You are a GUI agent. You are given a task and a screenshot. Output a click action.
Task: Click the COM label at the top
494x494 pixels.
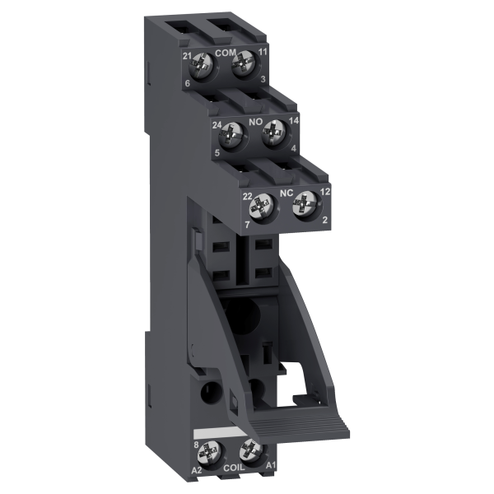click(226, 53)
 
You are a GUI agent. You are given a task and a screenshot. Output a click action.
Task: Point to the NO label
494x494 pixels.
click(256, 122)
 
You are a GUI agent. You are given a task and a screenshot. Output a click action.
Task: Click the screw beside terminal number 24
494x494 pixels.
click(233, 136)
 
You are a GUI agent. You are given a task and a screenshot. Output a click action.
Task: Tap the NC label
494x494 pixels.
click(287, 193)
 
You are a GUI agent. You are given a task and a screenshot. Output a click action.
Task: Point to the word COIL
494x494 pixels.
click(234, 468)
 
